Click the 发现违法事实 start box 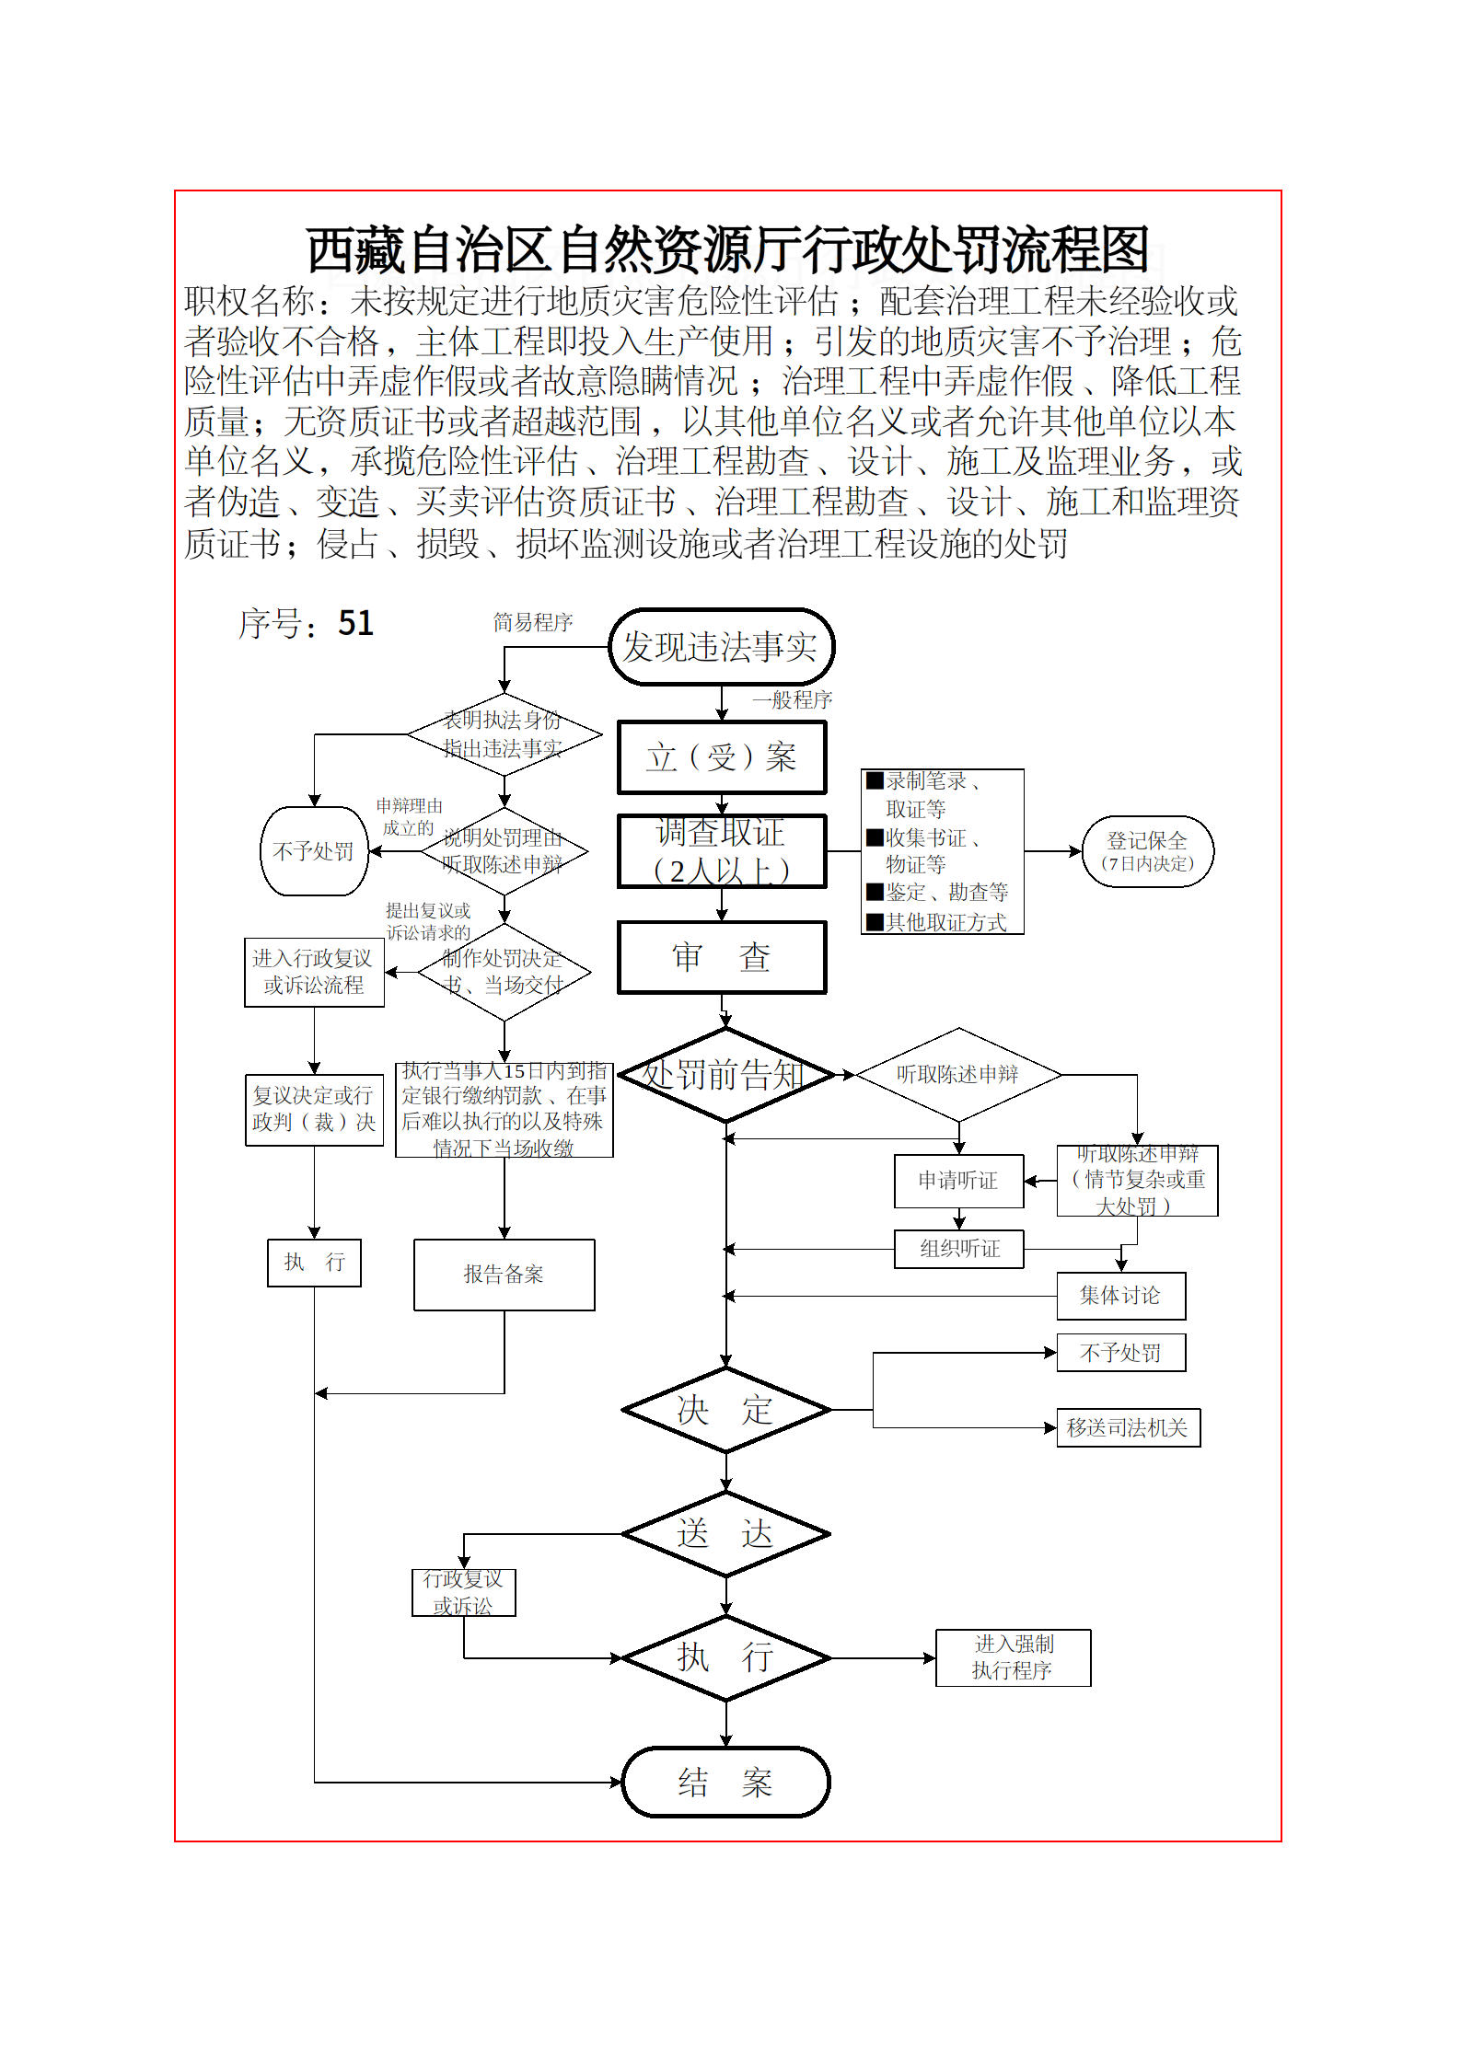click(721, 647)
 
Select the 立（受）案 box click(722, 757)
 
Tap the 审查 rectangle click(722, 957)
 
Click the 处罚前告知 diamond click(725, 1075)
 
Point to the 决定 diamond click(725, 1410)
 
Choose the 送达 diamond click(725, 1534)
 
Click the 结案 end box click(725, 1783)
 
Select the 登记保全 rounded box click(1147, 851)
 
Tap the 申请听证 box click(958, 1181)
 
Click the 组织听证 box click(958, 1249)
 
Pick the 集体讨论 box click(1120, 1296)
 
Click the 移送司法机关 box click(1128, 1428)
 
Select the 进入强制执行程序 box click(1013, 1657)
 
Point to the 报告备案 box click(504, 1275)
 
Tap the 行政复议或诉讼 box click(463, 1592)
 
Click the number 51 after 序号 click(355, 624)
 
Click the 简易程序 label click(533, 623)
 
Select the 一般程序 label click(792, 699)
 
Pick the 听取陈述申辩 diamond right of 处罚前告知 click(958, 1075)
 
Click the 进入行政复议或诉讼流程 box click(314, 972)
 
